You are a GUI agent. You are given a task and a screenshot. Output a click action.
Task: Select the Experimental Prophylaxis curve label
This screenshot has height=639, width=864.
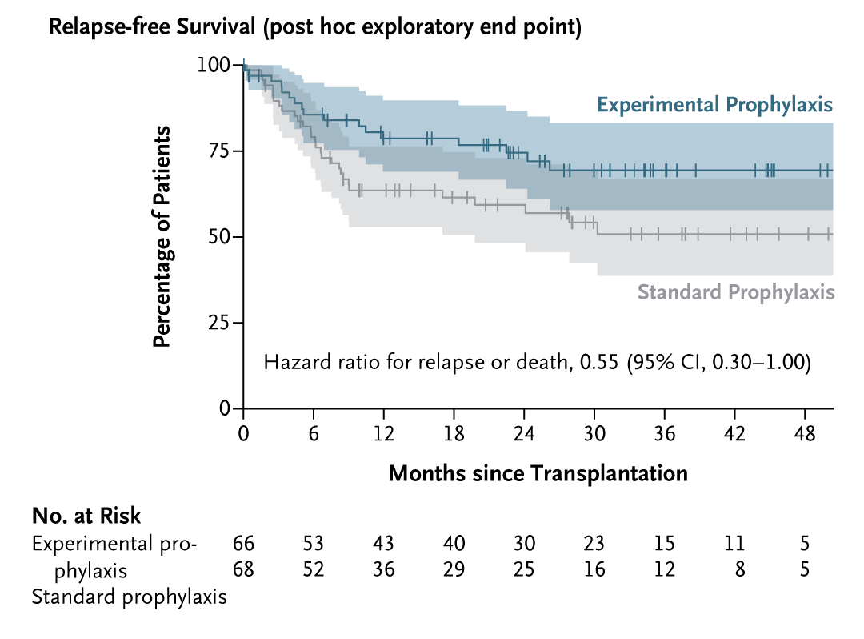(x=715, y=105)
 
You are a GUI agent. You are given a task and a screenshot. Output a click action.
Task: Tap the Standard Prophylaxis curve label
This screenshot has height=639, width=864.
(x=735, y=292)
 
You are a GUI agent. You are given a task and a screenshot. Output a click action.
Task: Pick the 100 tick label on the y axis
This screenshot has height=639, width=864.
(x=213, y=65)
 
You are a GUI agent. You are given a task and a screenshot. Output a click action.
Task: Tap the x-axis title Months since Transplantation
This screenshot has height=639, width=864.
(x=538, y=473)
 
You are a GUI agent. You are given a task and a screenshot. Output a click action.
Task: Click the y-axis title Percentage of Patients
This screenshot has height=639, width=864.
(x=162, y=236)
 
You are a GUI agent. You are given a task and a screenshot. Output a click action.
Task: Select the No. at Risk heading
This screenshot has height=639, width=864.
(x=86, y=515)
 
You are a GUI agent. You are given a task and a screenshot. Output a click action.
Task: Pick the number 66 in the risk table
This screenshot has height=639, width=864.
(x=243, y=544)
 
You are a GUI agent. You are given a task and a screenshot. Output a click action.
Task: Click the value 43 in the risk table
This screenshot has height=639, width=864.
(x=383, y=544)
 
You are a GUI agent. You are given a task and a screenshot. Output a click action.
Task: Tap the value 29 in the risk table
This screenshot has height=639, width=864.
(x=454, y=570)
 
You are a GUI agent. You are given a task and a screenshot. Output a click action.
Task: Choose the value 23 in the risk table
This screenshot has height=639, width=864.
(x=594, y=544)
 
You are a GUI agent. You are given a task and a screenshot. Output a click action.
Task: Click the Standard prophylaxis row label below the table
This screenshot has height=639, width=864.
(x=129, y=597)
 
